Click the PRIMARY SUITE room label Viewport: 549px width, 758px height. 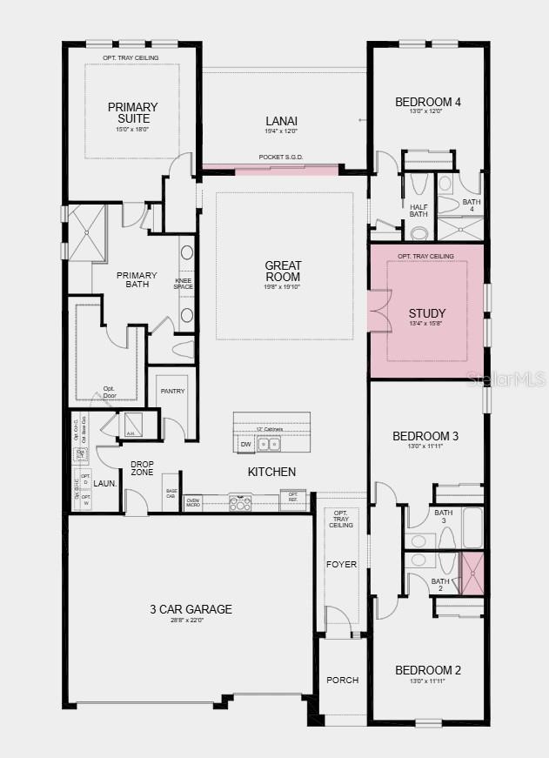pyautogui.click(x=133, y=112)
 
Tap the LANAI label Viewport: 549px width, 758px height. pyautogui.click(x=281, y=121)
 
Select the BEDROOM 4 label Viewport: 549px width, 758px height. pyautogui.click(x=427, y=102)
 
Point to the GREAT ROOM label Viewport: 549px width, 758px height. pyautogui.click(x=284, y=271)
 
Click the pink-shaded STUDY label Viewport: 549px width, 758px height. pyautogui.click(x=427, y=313)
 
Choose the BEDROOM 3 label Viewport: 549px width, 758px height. pyautogui.click(x=425, y=436)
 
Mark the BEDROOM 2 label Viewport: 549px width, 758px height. pyautogui.click(x=427, y=670)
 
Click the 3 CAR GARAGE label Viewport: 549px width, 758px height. pyautogui.click(x=190, y=609)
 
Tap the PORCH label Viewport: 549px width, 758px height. pyautogui.click(x=342, y=680)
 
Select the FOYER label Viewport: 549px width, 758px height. pyautogui.click(x=341, y=564)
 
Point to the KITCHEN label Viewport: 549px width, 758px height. pyautogui.click(x=271, y=472)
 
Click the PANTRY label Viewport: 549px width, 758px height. pyautogui.click(x=172, y=391)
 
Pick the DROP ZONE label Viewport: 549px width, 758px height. pyautogui.click(x=142, y=468)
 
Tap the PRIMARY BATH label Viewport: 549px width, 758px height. pyautogui.click(x=133, y=278)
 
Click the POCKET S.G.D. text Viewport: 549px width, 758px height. pyautogui.click(x=281, y=158)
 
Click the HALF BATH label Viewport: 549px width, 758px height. pyautogui.click(x=419, y=210)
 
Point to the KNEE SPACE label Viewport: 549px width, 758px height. pyautogui.click(x=183, y=283)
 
